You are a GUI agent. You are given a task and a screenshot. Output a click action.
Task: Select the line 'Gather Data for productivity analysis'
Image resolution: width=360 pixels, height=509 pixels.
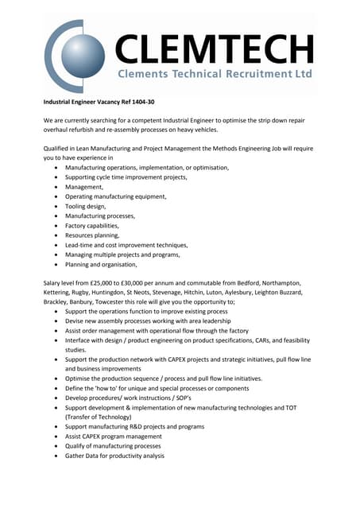pyautogui.click(x=114, y=456)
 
